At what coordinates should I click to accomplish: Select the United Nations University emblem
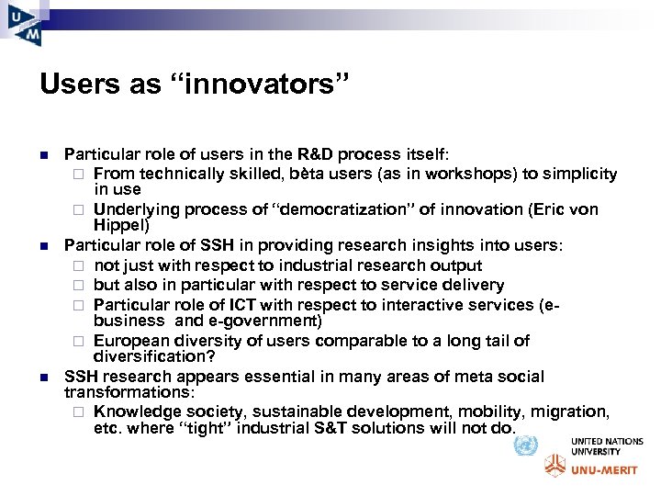[525, 446]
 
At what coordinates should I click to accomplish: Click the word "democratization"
[334, 209]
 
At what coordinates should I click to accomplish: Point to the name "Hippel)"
[121, 225]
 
